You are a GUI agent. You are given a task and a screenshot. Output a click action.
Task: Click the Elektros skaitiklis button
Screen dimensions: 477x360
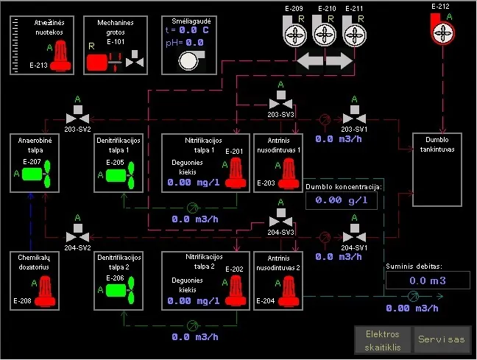(x=383, y=340)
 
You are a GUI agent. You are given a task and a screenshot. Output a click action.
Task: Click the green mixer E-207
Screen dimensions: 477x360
(x=36, y=174)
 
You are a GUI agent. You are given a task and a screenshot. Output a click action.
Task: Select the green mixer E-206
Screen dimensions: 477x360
(x=120, y=290)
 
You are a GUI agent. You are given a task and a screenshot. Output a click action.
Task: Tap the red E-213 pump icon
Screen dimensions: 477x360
(x=60, y=56)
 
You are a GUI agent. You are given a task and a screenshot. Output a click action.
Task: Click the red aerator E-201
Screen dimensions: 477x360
(x=236, y=173)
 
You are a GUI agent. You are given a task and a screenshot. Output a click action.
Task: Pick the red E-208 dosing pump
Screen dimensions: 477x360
(x=45, y=291)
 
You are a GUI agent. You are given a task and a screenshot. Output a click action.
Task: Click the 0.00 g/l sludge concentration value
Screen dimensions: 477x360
(x=342, y=200)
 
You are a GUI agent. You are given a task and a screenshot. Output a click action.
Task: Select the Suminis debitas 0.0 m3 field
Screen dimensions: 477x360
(x=428, y=280)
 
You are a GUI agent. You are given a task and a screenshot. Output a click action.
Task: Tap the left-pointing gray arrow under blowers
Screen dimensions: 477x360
(x=310, y=60)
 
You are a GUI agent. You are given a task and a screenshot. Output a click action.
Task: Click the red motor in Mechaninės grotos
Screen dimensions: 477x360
(x=97, y=63)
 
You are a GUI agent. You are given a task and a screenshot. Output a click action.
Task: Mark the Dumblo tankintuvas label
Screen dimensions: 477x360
(x=437, y=144)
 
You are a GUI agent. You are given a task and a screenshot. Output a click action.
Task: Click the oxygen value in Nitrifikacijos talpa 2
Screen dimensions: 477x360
(x=193, y=300)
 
